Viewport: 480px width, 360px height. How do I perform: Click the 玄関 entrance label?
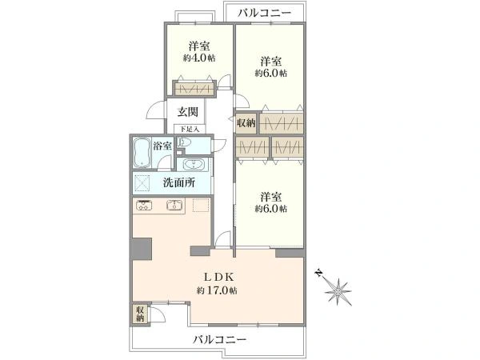(x=188, y=113)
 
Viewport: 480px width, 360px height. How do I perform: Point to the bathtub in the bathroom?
(x=142, y=150)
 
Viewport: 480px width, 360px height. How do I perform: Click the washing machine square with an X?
(x=144, y=182)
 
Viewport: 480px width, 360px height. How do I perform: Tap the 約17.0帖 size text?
(x=218, y=290)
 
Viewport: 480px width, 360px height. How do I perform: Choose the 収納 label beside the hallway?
(x=246, y=122)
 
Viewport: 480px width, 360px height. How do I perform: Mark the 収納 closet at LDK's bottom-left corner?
(x=140, y=314)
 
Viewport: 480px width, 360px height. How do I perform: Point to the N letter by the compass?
(x=318, y=273)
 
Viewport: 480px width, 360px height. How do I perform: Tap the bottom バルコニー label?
(x=219, y=340)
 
